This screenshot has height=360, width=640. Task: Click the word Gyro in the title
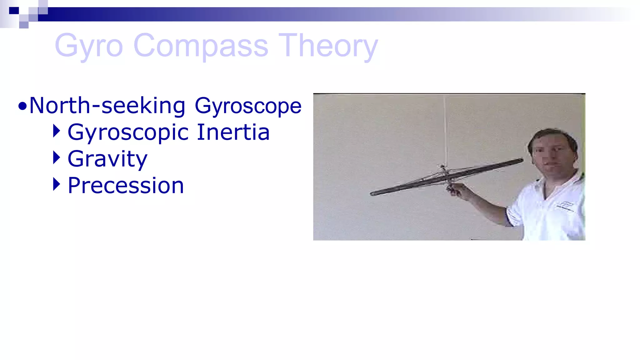89,46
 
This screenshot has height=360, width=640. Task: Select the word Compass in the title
201,46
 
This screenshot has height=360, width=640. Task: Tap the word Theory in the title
328,46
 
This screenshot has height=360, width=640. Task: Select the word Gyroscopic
128,132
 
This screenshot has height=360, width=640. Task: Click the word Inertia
233,132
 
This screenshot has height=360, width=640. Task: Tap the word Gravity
107,159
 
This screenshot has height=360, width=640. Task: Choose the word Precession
126,186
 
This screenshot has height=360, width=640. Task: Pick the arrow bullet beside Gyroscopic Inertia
56,131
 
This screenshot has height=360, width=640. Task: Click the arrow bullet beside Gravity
56,157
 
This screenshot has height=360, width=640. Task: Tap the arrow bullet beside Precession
56,184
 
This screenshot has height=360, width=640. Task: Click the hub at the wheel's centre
445,175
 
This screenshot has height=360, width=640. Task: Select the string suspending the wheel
445,131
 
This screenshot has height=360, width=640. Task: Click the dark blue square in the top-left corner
14,11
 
